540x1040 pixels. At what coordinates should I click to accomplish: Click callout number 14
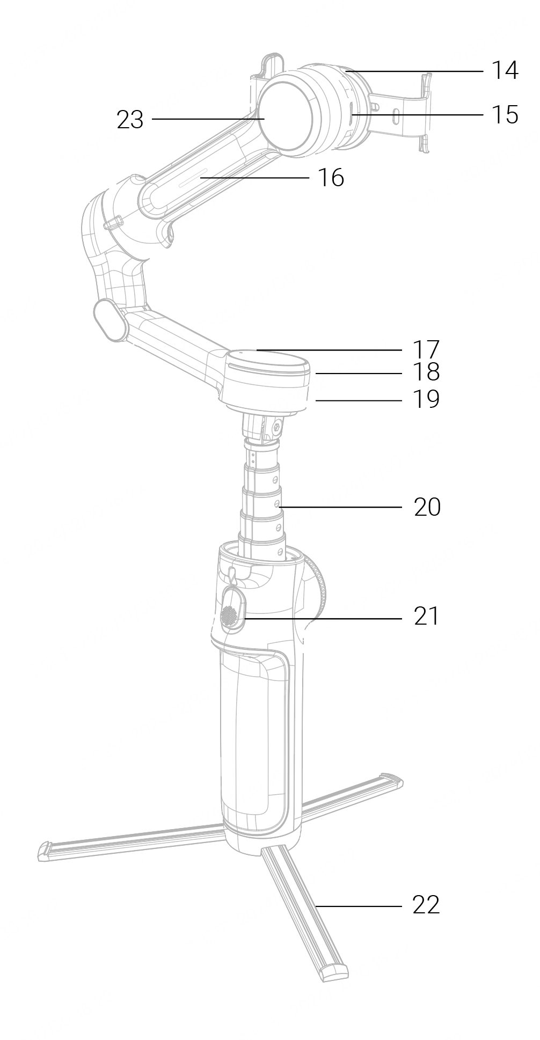coord(505,70)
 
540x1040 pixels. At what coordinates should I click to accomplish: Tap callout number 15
coord(505,114)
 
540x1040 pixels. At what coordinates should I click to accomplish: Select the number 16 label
coord(331,177)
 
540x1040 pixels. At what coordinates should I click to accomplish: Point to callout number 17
coord(426,349)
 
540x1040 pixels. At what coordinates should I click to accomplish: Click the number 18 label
coord(426,371)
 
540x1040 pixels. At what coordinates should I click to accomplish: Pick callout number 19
coord(426,399)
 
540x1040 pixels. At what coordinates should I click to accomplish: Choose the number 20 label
coord(427,507)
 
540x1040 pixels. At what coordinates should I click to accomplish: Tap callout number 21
coord(426,616)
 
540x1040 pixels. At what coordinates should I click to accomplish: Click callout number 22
coord(426,904)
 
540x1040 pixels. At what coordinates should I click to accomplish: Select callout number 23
coord(130,119)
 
